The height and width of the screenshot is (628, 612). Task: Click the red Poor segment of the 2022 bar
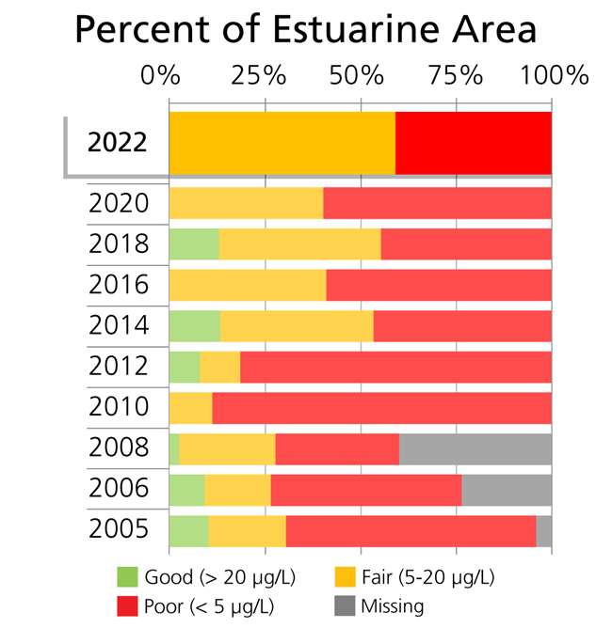(473, 143)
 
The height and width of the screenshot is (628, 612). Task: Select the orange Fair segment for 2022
(282, 143)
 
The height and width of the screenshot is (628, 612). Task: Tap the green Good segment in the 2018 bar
(194, 243)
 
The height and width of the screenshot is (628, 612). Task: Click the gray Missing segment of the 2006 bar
(507, 490)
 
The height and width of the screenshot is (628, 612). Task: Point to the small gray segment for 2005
(543, 530)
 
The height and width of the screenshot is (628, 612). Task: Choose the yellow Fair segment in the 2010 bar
(190, 408)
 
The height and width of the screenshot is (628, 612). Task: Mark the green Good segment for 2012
(185, 367)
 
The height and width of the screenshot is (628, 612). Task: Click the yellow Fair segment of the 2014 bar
(297, 325)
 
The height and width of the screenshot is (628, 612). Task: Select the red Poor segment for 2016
(439, 284)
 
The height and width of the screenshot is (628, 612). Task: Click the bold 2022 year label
(117, 143)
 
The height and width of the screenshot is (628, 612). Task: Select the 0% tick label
(160, 74)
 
